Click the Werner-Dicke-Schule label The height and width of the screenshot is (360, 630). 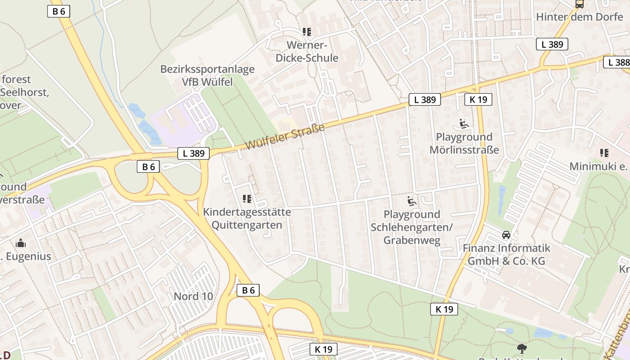(x=307, y=52)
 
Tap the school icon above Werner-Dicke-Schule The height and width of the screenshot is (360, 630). (x=307, y=32)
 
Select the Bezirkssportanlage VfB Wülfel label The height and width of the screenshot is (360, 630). (x=207, y=76)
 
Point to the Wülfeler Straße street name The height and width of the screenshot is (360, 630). (x=285, y=138)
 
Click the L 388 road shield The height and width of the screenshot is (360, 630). (x=616, y=62)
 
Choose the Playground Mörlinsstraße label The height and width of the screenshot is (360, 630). (x=464, y=143)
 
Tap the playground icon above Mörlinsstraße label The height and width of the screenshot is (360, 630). (x=464, y=123)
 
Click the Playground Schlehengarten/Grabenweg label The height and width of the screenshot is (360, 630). (x=412, y=227)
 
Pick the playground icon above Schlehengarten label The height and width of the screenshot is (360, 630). (x=412, y=201)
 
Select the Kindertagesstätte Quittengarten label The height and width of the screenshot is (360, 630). (x=247, y=218)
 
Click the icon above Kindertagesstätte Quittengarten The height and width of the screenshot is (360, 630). (x=247, y=198)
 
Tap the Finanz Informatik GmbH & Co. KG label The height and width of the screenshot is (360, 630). (x=507, y=254)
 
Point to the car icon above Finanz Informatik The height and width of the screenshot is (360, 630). (x=506, y=235)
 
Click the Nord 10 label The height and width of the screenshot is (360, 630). (x=193, y=297)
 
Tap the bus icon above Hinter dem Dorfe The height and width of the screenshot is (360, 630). (x=580, y=4)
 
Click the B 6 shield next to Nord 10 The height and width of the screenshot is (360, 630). (x=248, y=290)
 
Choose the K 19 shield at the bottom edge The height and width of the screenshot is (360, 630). (x=324, y=349)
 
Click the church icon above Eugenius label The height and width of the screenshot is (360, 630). (x=21, y=243)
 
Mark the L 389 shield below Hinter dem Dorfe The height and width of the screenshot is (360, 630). (x=552, y=44)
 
